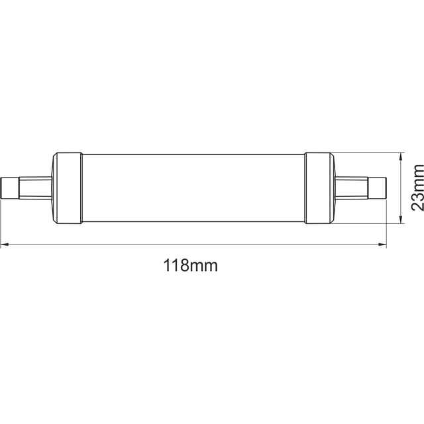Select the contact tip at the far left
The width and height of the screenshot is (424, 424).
pos(10,187)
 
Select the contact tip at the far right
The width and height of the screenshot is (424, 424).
pos(378,187)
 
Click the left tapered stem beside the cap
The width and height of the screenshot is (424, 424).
pos(36,187)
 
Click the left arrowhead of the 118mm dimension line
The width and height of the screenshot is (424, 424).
pos(5,246)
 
